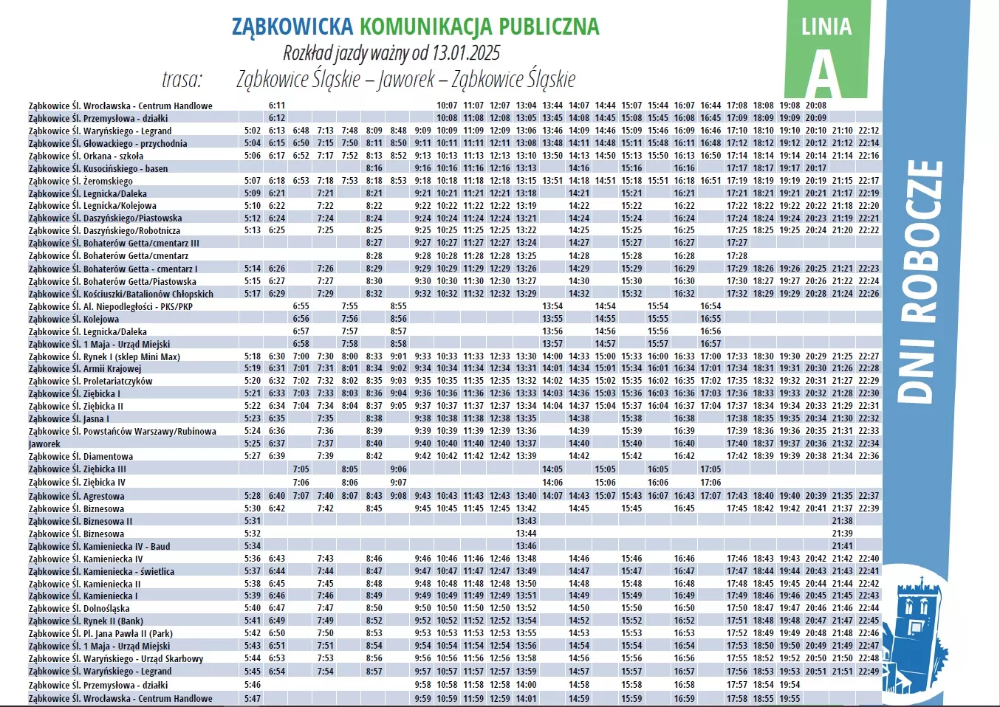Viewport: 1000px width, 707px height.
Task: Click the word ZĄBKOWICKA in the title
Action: coord(292,27)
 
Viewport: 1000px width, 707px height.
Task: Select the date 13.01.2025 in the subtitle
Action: coord(466,53)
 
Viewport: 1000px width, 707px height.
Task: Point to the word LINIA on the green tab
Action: coord(826,27)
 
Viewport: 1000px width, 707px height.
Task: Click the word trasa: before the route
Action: coord(182,79)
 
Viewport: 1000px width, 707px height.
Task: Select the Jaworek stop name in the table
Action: coord(44,444)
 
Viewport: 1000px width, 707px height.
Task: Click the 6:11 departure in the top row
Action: coord(277,106)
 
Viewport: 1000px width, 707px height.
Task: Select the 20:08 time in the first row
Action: coord(816,106)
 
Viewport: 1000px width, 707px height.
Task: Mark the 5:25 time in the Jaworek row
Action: coord(253,444)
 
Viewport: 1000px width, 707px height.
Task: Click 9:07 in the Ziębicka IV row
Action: coord(399,483)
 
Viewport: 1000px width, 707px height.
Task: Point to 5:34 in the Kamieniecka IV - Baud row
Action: coord(253,546)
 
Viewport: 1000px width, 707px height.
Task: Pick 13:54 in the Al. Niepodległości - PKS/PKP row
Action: coord(552,306)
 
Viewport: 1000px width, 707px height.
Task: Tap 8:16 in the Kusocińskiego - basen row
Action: coord(374,168)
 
